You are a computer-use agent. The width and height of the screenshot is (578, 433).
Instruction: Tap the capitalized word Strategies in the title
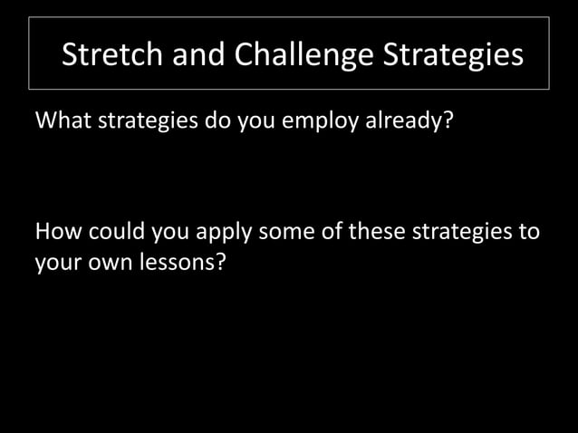tap(452, 55)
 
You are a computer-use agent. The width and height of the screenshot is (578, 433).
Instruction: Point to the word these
tap(375, 233)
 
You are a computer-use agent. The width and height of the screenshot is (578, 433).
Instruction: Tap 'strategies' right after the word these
tap(462, 234)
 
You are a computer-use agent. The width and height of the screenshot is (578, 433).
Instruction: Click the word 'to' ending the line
tap(528, 233)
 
